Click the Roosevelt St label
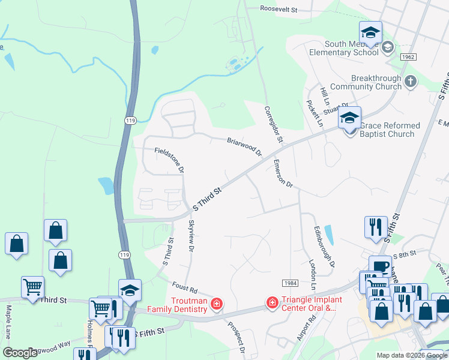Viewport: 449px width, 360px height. click(279, 9)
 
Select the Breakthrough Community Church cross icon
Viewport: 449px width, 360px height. click(411, 81)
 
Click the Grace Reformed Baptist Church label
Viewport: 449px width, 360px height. click(387, 130)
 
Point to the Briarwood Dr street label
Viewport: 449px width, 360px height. click(245, 146)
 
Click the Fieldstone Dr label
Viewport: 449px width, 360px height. click(169, 160)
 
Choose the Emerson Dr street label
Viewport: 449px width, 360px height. click(282, 174)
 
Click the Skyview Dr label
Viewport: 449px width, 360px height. click(191, 235)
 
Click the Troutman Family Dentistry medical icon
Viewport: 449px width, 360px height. click(217, 304)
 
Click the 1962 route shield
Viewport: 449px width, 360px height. click(409, 56)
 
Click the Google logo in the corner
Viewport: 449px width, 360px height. click(20, 353)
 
